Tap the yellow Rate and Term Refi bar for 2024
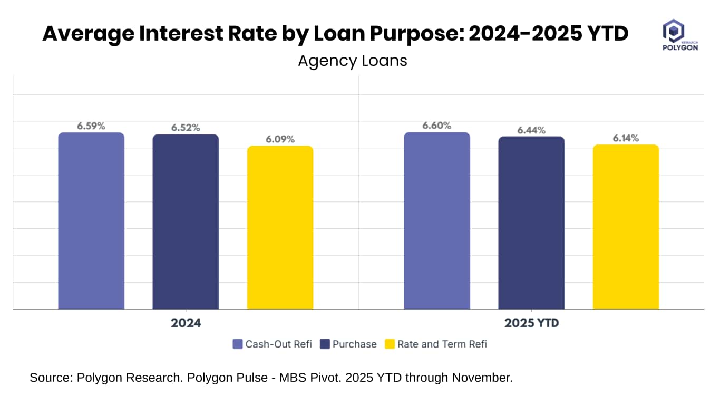pyautogui.click(x=280, y=227)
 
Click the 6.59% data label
pyautogui.click(x=91, y=126)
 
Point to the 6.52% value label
pyautogui.click(x=186, y=128)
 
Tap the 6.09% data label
pyautogui.click(x=280, y=139)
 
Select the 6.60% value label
pyautogui.click(x=437, y=126)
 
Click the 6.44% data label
pyautogui.click(x=531, y=130)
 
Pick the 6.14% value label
pyautogui.click(x=626, y=138)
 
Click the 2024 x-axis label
pyautogui.click(x=186, y=323)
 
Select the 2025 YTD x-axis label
pyautogui.click(x=531, y=323)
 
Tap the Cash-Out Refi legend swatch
pyautogui.click(x=238, y=344)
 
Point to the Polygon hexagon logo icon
pyautogui.click(x=673, y=31)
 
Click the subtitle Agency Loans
pyautogui.click(x=353, y=61)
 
